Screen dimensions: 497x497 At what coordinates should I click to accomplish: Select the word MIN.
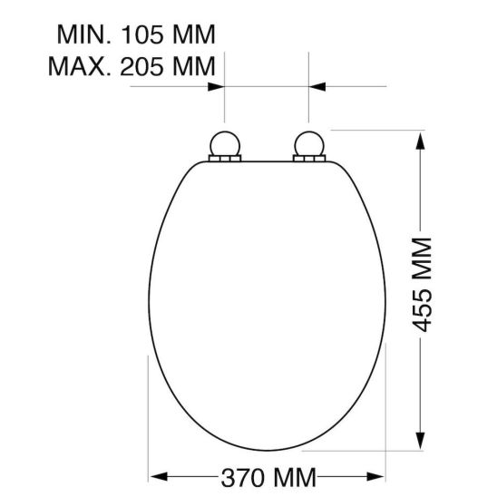81,35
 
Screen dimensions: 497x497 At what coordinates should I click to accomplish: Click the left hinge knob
223,144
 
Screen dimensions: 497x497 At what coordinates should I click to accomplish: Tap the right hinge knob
310,144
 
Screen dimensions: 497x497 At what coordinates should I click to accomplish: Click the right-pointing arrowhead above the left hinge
215,87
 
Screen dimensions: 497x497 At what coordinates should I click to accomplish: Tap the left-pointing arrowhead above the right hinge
319,87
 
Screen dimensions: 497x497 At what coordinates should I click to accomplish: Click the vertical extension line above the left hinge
223,100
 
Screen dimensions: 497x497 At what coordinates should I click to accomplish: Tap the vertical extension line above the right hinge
310,100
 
